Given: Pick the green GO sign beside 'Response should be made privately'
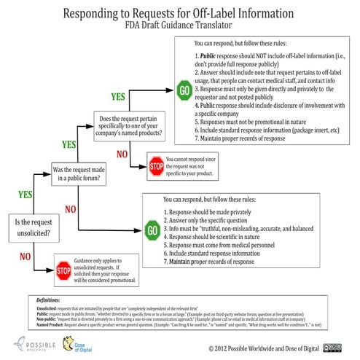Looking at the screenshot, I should coord(152,232).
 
